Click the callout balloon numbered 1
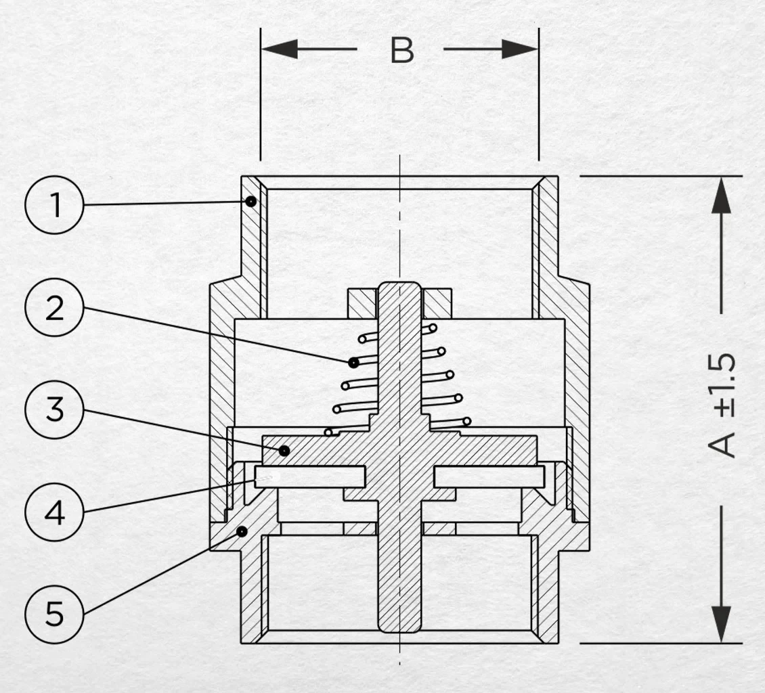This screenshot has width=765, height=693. pos(54,205)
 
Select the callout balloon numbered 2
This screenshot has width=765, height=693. pos(54,307)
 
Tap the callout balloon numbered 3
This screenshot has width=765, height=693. pos(54,409)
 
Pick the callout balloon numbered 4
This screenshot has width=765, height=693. pos(54,512)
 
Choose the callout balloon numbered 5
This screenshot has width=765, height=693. pos(54,614)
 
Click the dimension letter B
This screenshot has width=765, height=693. pos(402,50)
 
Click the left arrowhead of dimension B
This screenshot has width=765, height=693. pos(280,49)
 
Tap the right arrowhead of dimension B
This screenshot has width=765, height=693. pos(520,49)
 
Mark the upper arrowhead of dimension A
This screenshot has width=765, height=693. pos(721,195)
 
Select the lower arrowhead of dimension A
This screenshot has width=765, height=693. pos(721,624)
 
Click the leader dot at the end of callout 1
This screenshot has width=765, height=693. pos(250,201)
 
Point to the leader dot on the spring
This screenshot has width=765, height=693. pos(353,362)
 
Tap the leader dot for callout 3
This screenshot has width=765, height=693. pos(284,451)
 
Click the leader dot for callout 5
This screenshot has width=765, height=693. pos(242,531)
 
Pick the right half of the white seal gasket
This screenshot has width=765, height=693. pos(489,476)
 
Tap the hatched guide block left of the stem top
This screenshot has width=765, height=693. pos(362,303)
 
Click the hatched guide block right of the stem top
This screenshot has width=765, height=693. pos(437,303)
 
